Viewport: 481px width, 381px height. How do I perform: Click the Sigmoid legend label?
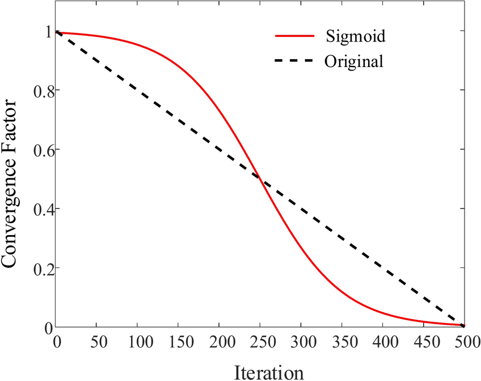356,37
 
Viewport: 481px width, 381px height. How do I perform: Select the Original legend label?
354,61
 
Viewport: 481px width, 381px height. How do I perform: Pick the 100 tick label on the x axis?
138,343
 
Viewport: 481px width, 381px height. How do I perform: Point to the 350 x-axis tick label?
341,343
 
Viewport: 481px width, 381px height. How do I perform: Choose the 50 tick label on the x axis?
97,343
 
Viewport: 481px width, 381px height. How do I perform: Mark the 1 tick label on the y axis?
48,32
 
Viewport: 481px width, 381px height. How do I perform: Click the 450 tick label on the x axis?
423,343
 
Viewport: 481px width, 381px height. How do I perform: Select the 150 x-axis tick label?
179,343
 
